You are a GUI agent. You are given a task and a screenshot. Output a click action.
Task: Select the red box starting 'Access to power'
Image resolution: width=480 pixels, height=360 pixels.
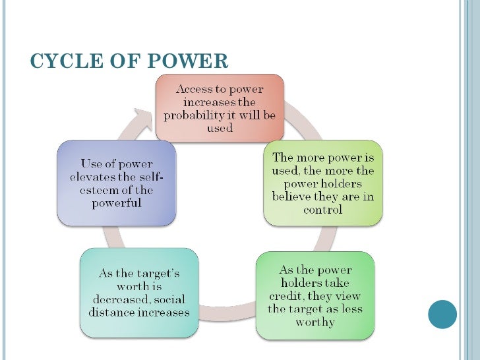tap(220, 109)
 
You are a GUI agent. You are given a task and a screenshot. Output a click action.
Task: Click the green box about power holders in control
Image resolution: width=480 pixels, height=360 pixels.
tap(322, 183)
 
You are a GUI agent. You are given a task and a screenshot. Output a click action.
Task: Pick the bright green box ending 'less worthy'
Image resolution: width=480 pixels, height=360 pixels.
tap(315, 296)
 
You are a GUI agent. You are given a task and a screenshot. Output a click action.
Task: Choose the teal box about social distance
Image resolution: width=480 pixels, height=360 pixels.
tap(138, 292)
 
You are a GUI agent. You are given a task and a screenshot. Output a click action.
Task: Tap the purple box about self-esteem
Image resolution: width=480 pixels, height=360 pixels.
tap(116, 183)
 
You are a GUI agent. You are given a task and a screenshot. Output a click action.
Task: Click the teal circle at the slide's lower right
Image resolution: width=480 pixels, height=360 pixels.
tap(442, 315)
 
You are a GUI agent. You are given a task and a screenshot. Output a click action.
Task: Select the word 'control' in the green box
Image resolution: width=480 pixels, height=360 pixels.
tap(322, 210)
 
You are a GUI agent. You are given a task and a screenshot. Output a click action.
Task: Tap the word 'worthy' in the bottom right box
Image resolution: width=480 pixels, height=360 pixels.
tap(315, 322)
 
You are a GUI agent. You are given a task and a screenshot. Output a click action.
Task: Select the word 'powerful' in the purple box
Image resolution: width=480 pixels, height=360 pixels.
tap(116, 203)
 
